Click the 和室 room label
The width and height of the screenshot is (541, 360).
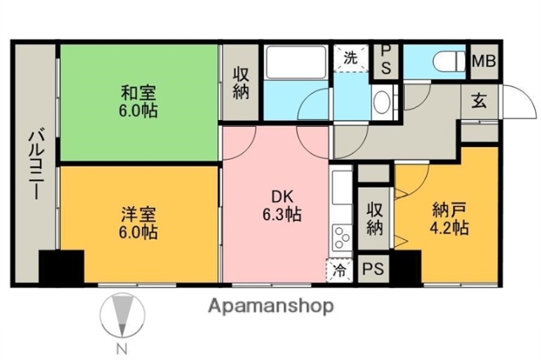139,91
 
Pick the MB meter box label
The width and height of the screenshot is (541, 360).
484,60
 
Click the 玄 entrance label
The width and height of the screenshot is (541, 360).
479,102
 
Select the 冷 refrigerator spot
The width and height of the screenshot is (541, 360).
340,270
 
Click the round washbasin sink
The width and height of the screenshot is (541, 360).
381,104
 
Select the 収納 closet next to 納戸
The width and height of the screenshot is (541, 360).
375,216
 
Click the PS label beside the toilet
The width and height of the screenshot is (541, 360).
385,60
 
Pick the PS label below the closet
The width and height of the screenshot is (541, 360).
372,270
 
